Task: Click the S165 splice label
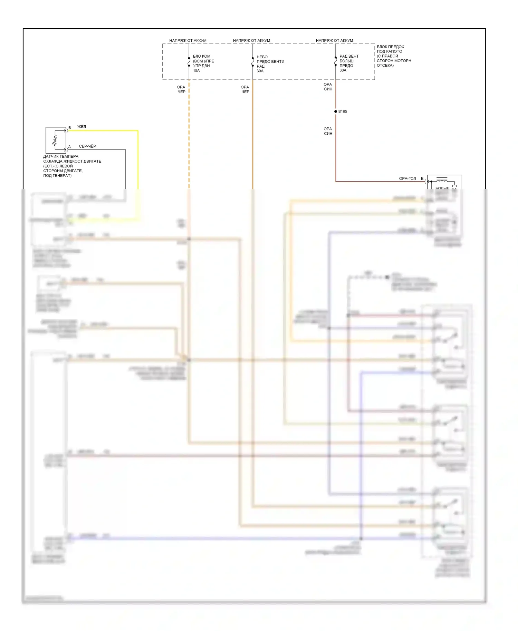(x=343, y=111)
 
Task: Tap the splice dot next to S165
(x=336, y=111)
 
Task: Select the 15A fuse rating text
(x=196, y=71)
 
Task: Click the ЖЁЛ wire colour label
(x=81, y=127)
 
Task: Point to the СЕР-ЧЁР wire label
(x=87, y=146)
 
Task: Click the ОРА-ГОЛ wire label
(x=407, y=178)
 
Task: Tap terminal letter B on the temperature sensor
(x=70, y=128)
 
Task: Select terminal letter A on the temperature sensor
(x=69, y=147)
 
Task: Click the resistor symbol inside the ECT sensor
(x=55, y=140)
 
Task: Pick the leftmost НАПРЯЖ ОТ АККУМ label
(x=188, y=41)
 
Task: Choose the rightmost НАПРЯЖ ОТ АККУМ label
(x=334, y=41)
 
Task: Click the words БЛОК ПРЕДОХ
(x=390, y=47)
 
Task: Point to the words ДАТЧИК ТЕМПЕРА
(x=61, y=156)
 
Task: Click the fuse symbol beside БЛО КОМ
(x=189, y=62)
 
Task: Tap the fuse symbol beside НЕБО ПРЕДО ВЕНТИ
(x=253, y=62)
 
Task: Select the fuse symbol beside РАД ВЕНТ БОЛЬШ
(x=336, y=61)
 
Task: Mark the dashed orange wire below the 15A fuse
(x=189, y=138)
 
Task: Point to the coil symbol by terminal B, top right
(x=442, y=179)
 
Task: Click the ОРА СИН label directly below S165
(x=328, y=131)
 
